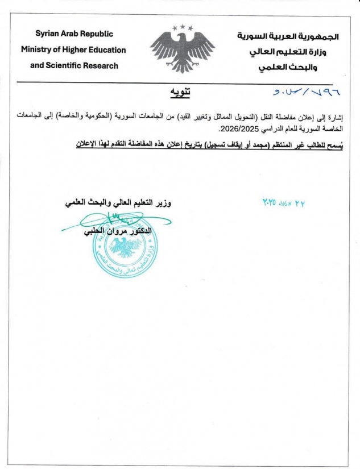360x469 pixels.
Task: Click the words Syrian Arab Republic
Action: [x=74, y=34]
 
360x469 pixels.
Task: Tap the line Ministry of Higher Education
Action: [x=73, y=49]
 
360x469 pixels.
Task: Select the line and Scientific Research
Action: [x=74, y=65]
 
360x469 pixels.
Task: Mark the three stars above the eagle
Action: [x=183, y=27]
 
